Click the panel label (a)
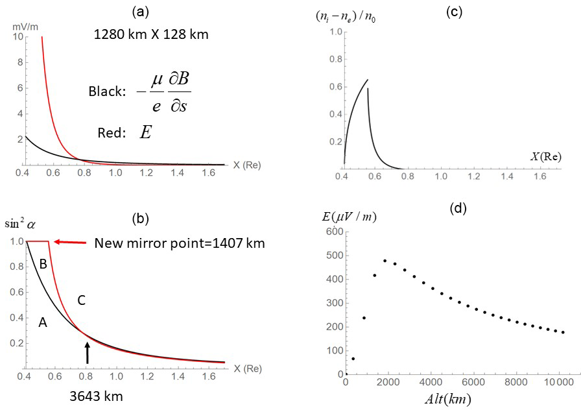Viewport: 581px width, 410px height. pyautogui.click(x=141, y=12)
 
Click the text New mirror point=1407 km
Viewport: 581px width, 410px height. pyautogui.click(x=171, y=244)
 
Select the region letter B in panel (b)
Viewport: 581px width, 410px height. pyautogui.click(x=43, y=264)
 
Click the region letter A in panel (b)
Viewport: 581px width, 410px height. pyautogui.click(x=43, y=321)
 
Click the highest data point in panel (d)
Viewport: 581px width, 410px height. pyautogui.click(x=385, y=261)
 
